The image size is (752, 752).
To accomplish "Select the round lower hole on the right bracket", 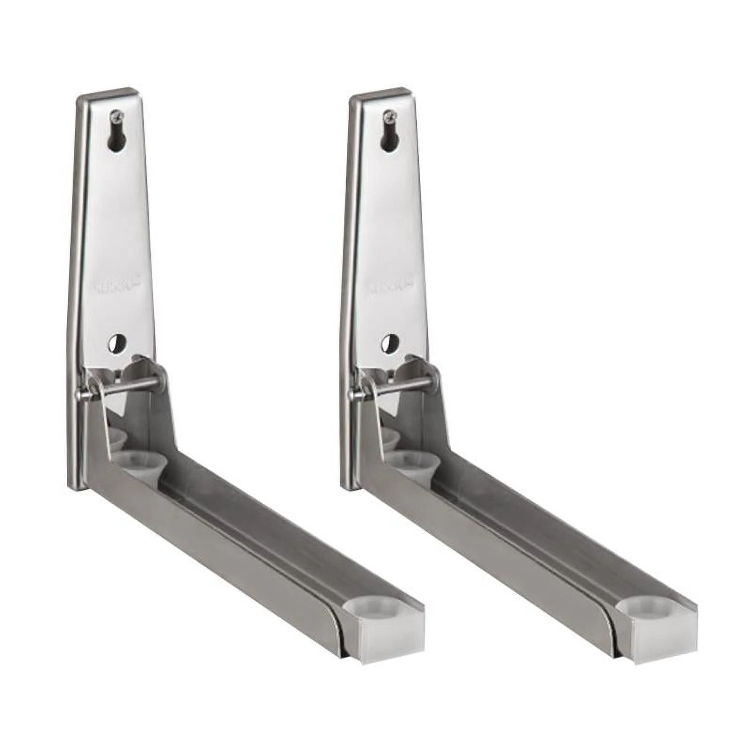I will point(390,343).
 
